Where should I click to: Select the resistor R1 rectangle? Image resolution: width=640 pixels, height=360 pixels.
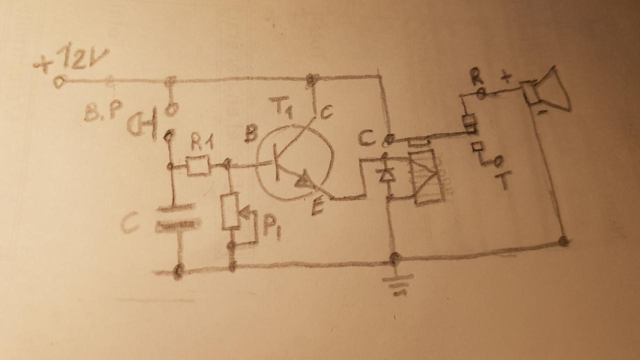point(198,165)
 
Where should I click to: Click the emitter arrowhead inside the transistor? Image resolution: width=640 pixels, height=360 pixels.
point(303,182)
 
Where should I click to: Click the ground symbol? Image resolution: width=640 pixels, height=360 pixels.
point(398,285)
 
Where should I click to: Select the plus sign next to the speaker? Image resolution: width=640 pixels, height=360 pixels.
point(506,77)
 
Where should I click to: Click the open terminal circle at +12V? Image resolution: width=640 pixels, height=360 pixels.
point(59,81)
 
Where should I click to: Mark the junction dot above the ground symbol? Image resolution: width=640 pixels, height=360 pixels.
point(394,259)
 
